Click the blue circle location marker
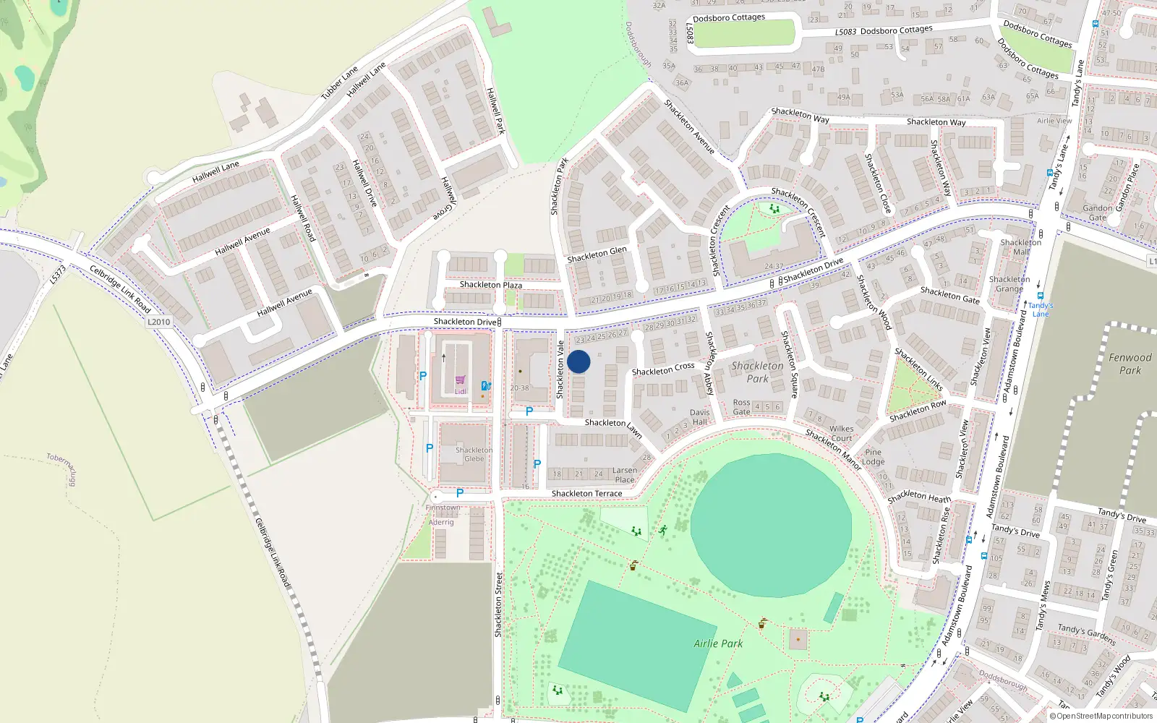click(x=578, y=361)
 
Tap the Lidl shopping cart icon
click(x=460, y=380)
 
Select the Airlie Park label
click(x=718, y=643)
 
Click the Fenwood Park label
click(x=1130, y=364)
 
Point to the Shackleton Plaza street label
click(x=491, y=285)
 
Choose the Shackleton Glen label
click(x=597, y=254)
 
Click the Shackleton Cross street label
click(x=663, y=369)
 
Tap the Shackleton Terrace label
click(x=586, y=494)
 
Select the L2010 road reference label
click(x=158, y=322)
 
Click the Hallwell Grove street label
click(x=445, y=197)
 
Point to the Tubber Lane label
click(x=339, y=82)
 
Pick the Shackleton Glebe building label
click(x=474, y=454)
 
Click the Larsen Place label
click(x=625, y=475)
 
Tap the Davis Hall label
click(x=699, y=417)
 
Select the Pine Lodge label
click(x=873, y=457)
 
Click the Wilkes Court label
click(x=841, y=433)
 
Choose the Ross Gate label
click(x=741, y=407)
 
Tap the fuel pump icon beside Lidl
click(x=486, y=386)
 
